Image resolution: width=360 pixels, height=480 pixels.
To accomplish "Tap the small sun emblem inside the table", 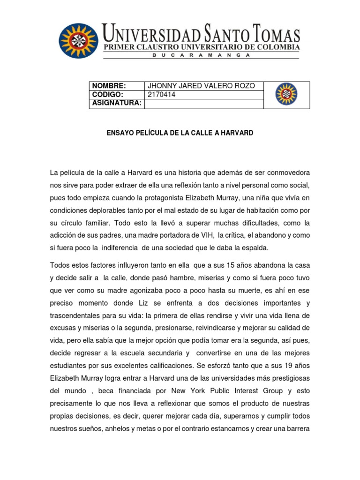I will pyautogui.click(x=285, y=94).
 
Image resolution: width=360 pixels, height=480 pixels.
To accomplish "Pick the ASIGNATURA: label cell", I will pyautogui.click(x=117, y=103).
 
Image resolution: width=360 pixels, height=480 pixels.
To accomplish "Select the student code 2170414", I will pyautogui.click(x=162, y=94).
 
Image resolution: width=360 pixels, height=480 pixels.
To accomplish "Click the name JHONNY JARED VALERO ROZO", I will pyautogui.click(x=202, y=86).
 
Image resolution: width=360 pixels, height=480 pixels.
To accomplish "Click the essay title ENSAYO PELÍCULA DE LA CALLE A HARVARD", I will pyautogui.click(x=180, y=133).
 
